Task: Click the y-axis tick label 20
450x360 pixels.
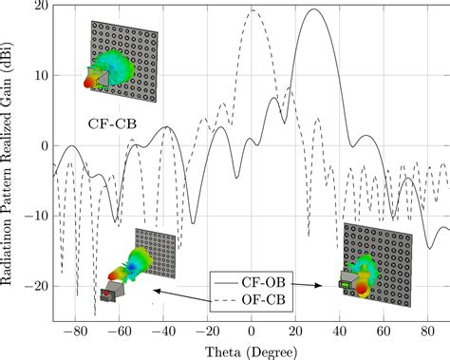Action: [x=40, y=7]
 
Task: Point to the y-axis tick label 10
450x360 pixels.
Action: [x=40, y=76]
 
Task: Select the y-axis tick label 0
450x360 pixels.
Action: [x=43, y=146]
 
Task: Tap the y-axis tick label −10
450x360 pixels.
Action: [x=36, y=216]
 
